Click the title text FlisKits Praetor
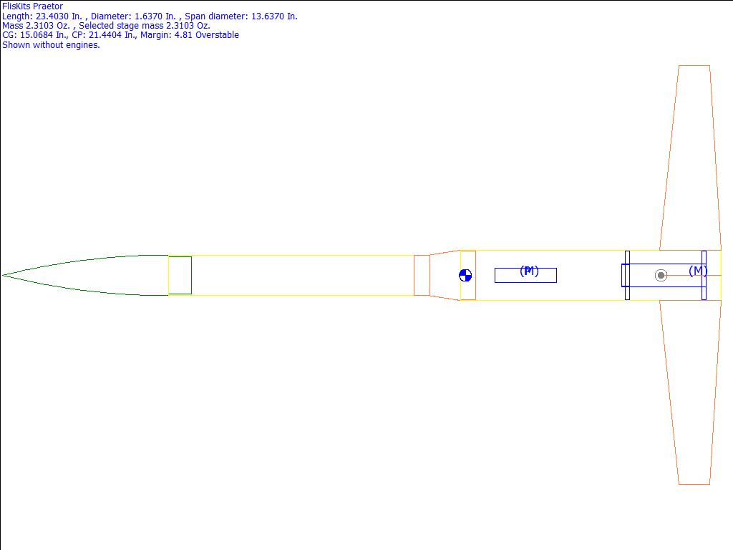pyautogui.click(x=32, y=6)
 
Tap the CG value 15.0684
pyautogui.click(x=37, y=35)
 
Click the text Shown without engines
pyautogui.click(x=51, y=45)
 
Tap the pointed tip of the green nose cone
pyautogui.click(x=3, y=275)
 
